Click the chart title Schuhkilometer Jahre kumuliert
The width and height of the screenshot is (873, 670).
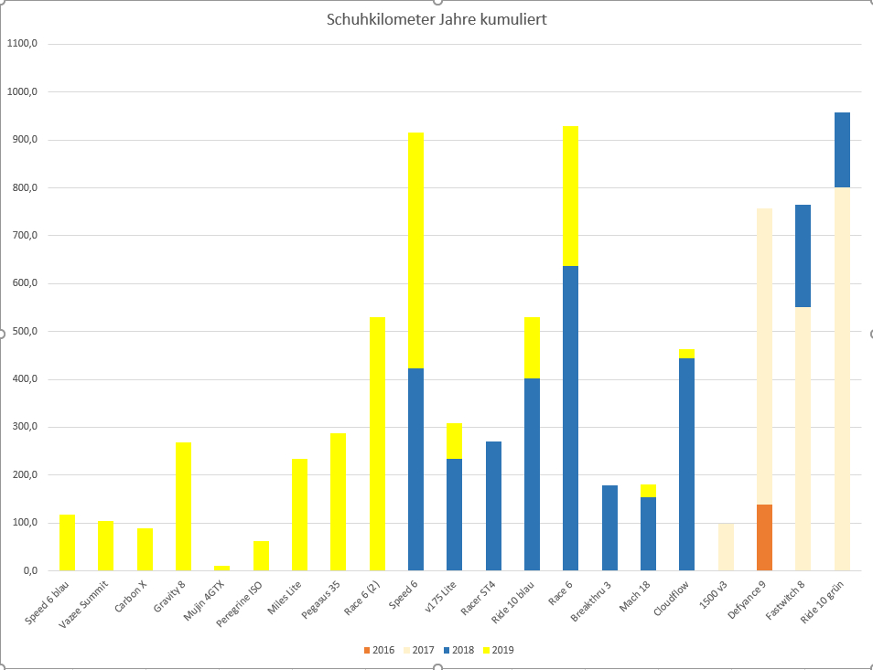click(436, 19)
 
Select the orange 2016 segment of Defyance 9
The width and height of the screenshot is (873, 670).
click(764, 537)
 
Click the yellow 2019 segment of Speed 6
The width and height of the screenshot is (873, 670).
click(415, 250)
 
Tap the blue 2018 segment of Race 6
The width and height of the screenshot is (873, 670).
click(570, 418)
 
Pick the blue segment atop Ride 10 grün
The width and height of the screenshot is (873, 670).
click(842, 150)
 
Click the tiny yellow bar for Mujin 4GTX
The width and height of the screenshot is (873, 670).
click(222, 568)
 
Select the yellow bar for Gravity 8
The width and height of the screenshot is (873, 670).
click(184, 505)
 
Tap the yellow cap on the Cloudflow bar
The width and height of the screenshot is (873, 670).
click(686, 354)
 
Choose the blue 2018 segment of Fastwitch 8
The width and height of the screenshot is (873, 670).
click(803, 256)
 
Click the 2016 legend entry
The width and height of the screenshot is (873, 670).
click(378, 650)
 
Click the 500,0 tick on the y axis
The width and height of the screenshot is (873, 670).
click(24, 332)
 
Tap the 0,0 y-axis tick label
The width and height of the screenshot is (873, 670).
click(27, 570)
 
